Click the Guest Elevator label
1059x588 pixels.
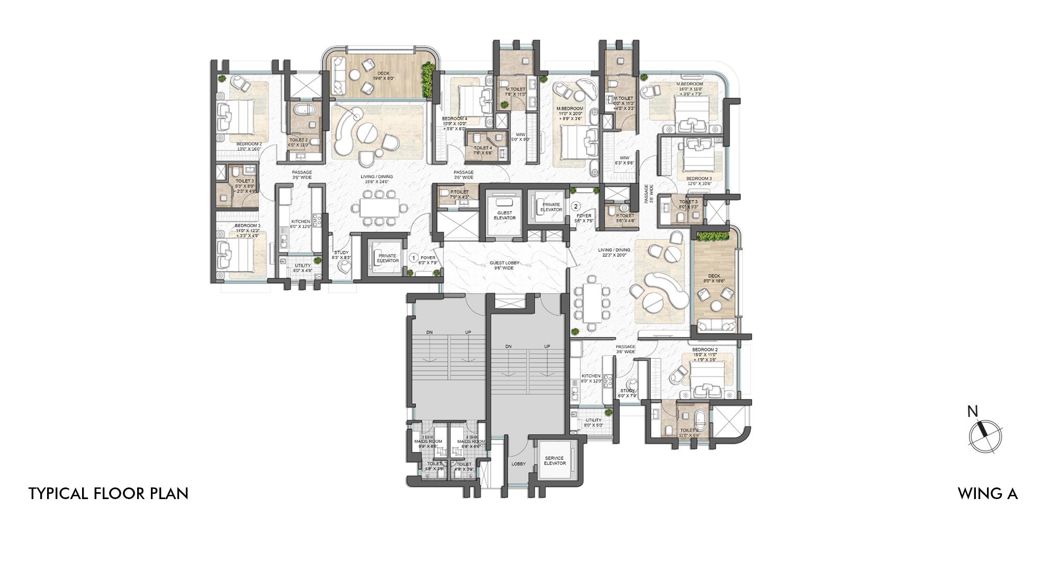(x=504, y=215)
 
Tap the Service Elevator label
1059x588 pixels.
(x=554, y=460)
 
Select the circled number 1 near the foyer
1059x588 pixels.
(x=414, y=258)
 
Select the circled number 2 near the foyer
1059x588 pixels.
(x=576, y=206)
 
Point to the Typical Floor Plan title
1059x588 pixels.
(x=108, y=493)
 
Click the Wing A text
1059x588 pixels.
(x=987, y=493)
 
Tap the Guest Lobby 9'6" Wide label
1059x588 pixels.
(x=504, y=265)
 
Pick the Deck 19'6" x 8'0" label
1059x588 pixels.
(x=383, y=76)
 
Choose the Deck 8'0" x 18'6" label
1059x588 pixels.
(x=714, y=278)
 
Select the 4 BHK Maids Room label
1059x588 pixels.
(x=471, y=442)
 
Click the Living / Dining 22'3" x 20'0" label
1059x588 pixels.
(x=614, y=252)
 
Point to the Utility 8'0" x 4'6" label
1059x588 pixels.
(x=303, y=268)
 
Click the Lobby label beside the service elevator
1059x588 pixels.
(x=518, y=464)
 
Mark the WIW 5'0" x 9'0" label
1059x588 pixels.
(x=521, y=137)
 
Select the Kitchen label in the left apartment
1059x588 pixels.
(x=300, y=224)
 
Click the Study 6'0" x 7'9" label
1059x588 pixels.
(x=627, y=393)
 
